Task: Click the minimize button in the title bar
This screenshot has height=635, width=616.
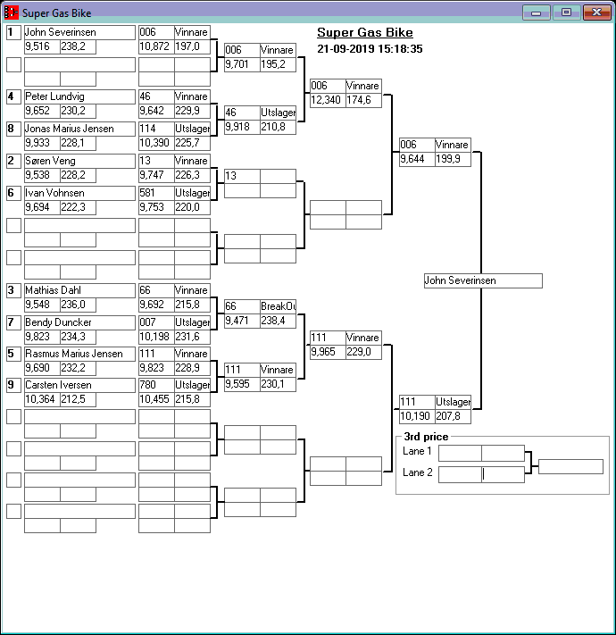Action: click(536, 13)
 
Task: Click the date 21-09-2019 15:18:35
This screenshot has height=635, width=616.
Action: click(370, 49)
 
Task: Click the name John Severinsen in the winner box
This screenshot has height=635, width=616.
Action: click(482, 280)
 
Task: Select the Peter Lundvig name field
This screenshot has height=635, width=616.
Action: click(79, 96)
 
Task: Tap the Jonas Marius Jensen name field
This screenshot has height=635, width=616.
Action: click(79, 129)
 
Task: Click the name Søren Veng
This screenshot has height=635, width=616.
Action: click(79, 161)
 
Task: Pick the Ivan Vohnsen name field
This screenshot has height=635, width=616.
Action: click(79, 193)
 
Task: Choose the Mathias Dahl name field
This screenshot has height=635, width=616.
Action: click(79, 290)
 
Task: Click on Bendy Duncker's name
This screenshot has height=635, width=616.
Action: click(79, 322)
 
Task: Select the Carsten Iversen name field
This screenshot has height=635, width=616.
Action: click(79, 386)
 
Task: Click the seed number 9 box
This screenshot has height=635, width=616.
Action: click(13, 386)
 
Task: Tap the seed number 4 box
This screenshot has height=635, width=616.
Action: click(13, 96)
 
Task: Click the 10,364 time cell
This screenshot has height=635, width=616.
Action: click(41, 400)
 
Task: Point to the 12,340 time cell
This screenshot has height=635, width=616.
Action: click(327, 101)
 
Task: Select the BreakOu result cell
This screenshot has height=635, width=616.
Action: click(278, 306)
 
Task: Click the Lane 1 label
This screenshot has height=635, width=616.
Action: click(417, 452)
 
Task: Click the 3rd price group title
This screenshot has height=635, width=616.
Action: click(426, 437)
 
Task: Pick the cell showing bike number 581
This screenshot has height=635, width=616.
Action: click(155, 193)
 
